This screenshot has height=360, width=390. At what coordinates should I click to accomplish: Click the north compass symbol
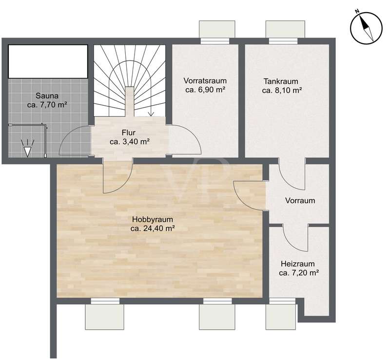tap(366, 26)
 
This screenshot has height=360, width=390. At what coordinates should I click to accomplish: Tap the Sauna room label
tap(47, 95)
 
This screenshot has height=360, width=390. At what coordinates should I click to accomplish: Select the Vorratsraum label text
tap(205, 81)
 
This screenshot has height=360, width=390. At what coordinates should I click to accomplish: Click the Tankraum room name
tap(281, 81)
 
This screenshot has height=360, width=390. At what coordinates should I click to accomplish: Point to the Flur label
tap(129, 132)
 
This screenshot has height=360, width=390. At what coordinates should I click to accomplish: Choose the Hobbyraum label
tap(153, 220)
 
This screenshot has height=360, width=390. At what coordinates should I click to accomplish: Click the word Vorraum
tap(300, 200)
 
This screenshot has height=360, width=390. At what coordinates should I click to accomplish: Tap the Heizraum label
tap(297, 264)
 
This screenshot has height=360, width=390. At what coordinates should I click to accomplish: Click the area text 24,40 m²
tap(158, 229)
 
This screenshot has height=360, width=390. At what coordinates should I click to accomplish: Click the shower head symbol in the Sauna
tap(27, 149)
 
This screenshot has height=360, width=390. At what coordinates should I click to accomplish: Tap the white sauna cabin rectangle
tap(48, 61)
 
